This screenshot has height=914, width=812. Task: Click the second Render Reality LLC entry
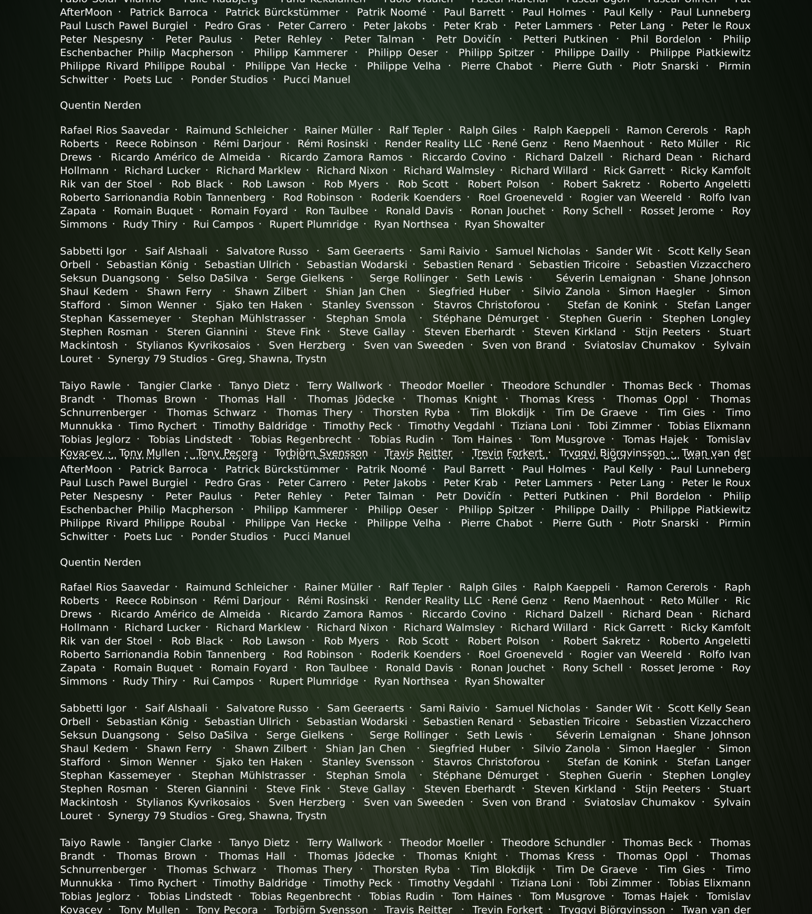click(x=433, y=601)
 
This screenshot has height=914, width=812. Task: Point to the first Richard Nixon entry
click(x=352, y=171)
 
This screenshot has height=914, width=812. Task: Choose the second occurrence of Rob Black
click(x=197, y=641)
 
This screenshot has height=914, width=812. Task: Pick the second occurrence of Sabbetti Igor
click(x=93, y=708)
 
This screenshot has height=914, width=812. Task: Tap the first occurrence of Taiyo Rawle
click(x=90, y=386)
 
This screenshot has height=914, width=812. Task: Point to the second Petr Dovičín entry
click(x=468, y=496)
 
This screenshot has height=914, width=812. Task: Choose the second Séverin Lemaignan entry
click(x=606, y=735)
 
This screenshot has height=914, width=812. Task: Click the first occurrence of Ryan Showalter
click(x=504, y=224)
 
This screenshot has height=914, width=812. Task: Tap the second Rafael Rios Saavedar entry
click(x=114, y=588)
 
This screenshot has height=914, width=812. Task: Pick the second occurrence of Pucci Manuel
click(x=317, y=537)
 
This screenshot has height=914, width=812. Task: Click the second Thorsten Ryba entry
click(x=411, y=870)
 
